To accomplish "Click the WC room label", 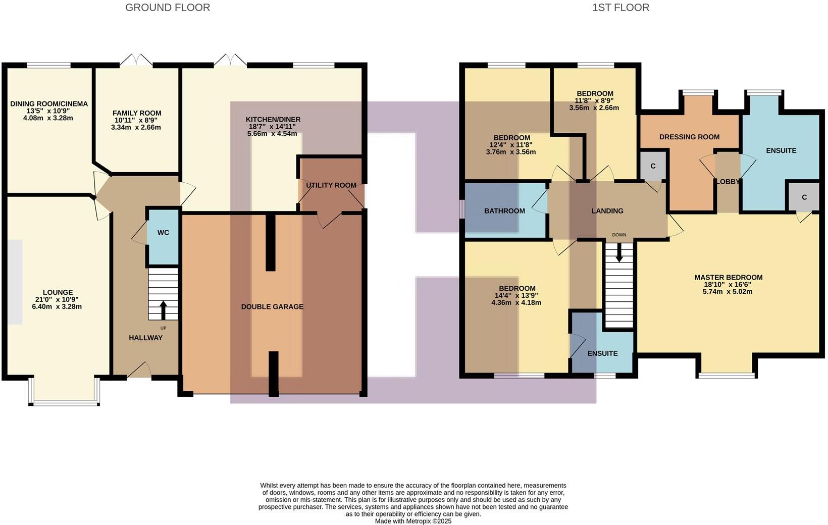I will (163, 233).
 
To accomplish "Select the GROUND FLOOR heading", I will (168, 8).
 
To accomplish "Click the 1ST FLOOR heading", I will (620, 8).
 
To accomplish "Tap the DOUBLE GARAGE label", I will (272, 306).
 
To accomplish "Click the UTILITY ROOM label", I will (331, 185).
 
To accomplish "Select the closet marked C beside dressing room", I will (653, 166).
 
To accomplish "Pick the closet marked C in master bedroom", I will (804, 197).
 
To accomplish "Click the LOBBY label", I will (728, 182).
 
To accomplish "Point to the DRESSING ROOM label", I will (689, 137).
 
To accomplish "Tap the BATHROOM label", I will (504, 211).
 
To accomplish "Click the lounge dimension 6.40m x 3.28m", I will (58, 306).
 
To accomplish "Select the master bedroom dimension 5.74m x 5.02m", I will (728, 291).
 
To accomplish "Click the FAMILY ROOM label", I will (137, 113).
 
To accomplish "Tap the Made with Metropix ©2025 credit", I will (413, 521).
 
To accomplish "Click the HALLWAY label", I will (145, 338).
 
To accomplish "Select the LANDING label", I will (607, 211).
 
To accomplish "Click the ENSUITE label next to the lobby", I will (781, 150).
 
